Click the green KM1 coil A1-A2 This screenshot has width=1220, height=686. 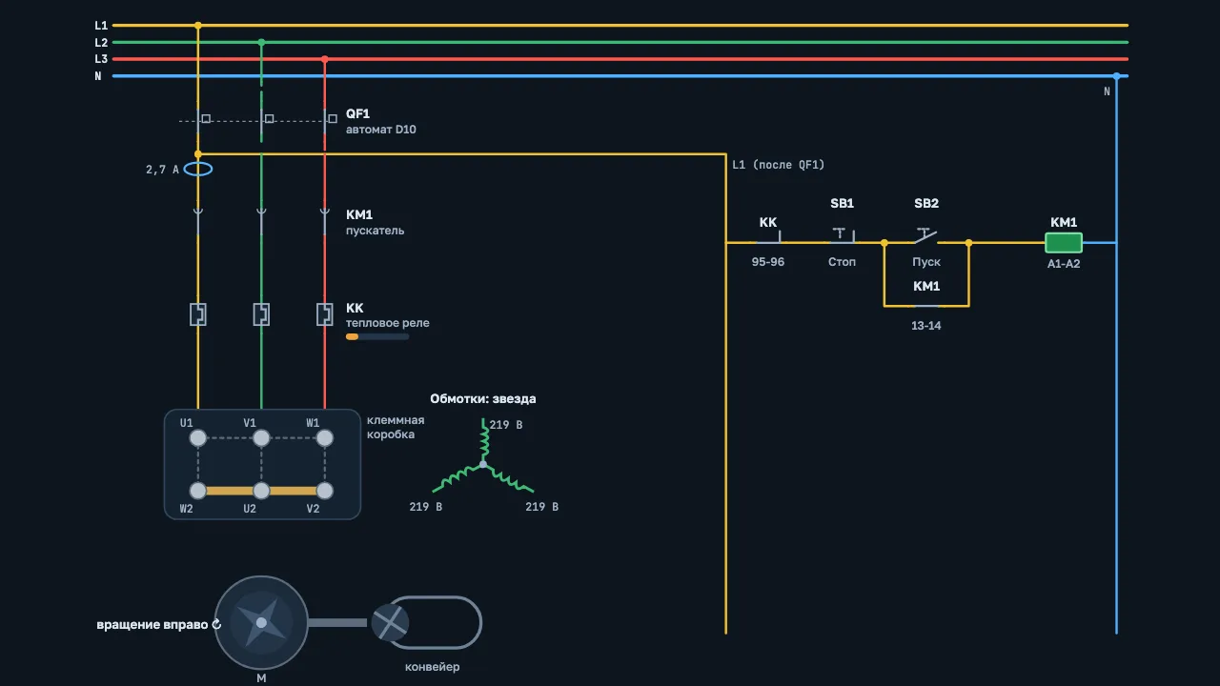pos(1063,243)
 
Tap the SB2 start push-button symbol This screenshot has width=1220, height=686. pos(925,235)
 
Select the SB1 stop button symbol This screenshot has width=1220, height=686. pos(843,234)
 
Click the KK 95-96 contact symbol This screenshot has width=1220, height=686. pos(769,237)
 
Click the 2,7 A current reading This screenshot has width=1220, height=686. pos(162,170)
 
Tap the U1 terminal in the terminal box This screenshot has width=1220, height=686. pos(197,437)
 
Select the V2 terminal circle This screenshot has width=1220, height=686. pos(325,491)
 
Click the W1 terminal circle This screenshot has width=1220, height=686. pos(325,437)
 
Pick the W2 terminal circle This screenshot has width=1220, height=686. pos(197,491)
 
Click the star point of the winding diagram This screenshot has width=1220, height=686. pos(483,464)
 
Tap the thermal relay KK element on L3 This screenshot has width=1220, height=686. pos(325,314)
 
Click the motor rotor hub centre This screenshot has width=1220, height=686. pos(261,622)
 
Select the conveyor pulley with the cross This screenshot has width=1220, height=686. pos(390,622)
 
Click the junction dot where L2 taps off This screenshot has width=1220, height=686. pos(261,42)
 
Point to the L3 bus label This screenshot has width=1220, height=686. pos(101,59)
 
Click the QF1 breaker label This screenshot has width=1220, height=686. pos(357,113)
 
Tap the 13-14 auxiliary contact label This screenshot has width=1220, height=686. pos(925,326)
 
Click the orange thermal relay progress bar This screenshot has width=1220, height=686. pos(352,336)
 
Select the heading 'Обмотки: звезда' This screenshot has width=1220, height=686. pos(483,398)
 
